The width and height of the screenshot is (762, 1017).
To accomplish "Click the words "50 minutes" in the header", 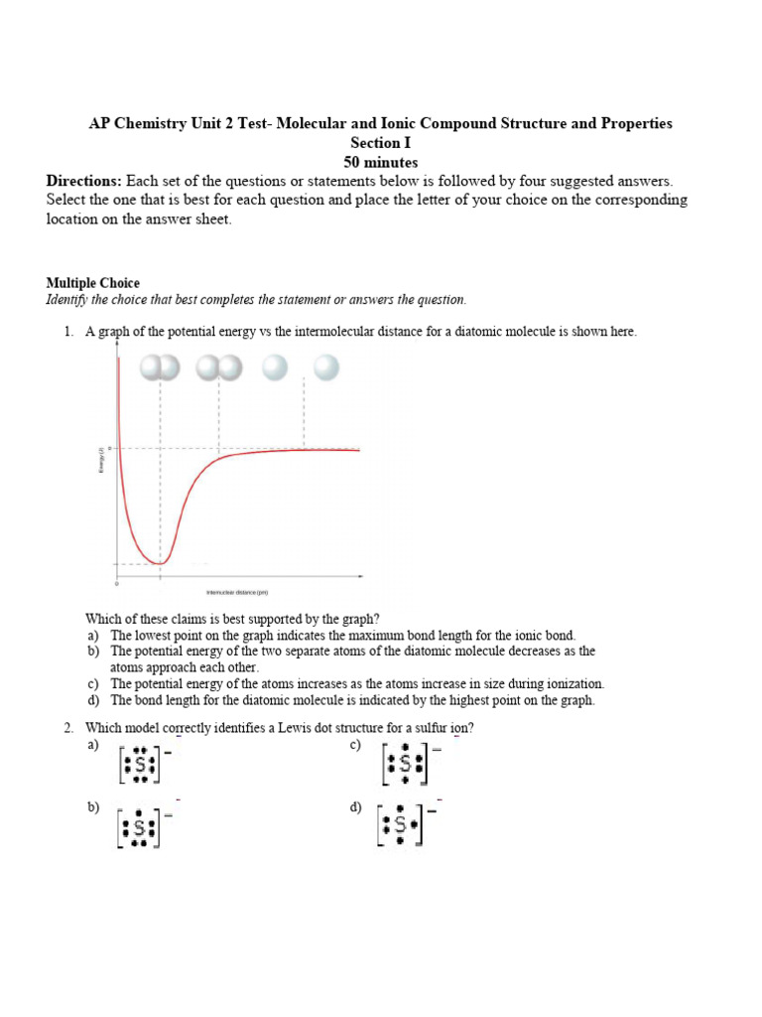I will coord(380,162).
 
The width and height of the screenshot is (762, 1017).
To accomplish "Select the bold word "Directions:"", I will coord(84,181).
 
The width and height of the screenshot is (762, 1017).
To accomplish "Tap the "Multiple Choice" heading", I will coord(93,283).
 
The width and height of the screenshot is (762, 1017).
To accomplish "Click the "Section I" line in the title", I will coord(380,143).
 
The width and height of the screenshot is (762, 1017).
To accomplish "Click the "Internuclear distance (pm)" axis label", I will coord(237,593).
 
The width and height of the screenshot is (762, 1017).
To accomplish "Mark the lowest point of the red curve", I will coord(160,563).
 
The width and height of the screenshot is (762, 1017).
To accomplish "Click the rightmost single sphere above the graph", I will coord(325,368).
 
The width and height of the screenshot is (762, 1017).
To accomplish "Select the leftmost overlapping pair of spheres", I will coord(160,368).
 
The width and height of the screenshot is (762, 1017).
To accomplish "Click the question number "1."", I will coord(69,332).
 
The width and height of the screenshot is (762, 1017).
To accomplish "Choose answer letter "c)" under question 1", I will coord(92,683).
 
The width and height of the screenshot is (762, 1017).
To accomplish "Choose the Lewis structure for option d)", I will coord(401,825).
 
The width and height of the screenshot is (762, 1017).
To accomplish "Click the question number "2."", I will coord(69,728).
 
